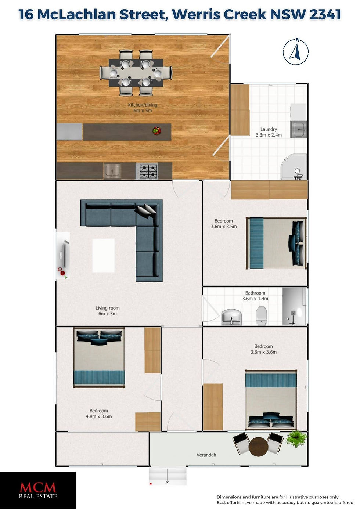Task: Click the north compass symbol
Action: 295,52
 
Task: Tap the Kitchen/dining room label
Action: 143,108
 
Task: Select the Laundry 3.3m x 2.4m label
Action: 269,132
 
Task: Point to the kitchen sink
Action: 112,171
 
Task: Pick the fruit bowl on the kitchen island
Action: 157,131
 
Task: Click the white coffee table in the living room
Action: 104,256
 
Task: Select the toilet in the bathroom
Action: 261,315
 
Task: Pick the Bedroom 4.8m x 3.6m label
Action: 99,414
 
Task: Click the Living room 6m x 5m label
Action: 108,311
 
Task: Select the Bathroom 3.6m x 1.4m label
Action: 255,296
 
